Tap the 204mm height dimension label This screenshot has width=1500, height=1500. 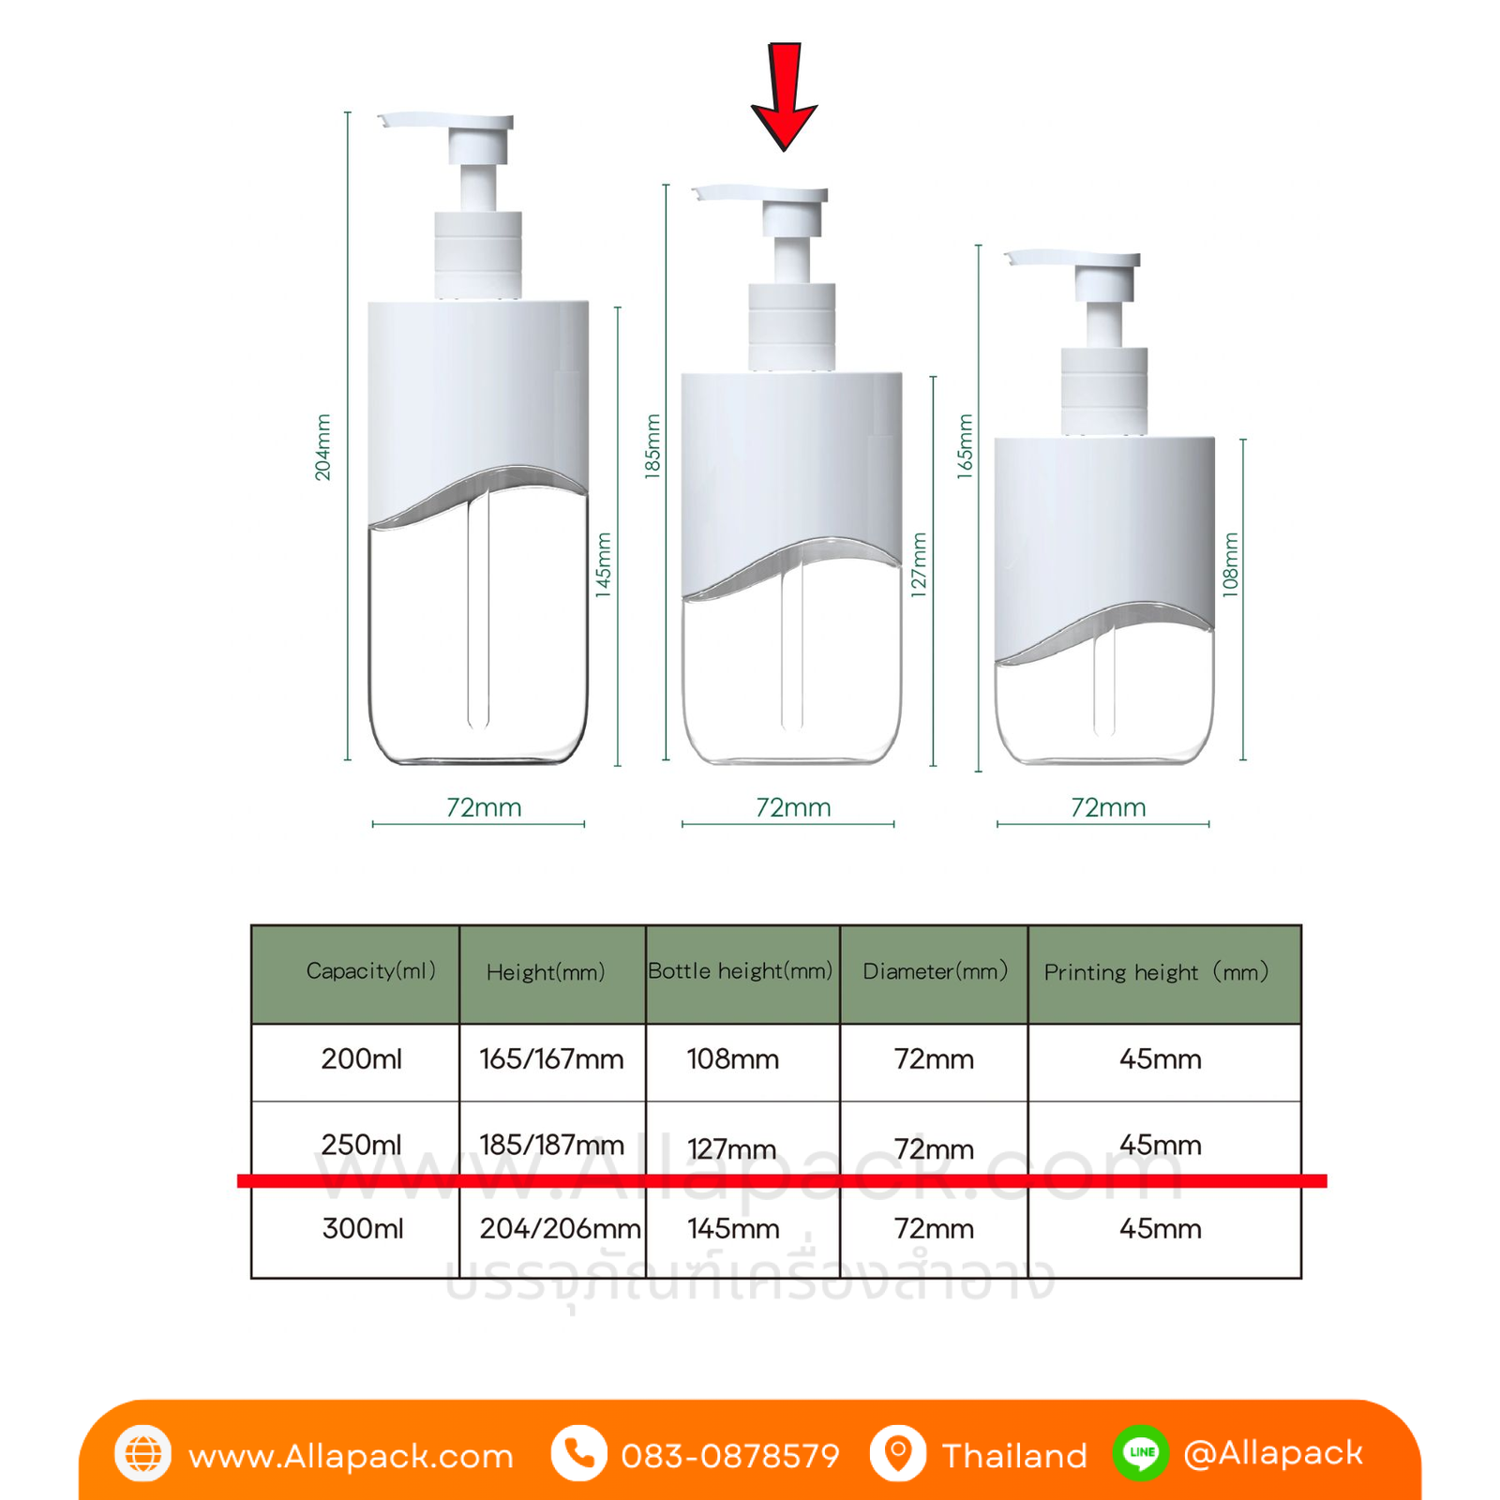(x=322, y=447)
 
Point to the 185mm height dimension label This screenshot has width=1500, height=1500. (x=652, y=446)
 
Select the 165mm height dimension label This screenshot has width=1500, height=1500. (x=965, y=446)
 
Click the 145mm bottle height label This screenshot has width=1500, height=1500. (x=603, y=564)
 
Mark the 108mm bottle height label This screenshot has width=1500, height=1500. (x=1230, y=564)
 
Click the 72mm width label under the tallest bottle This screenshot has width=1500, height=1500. (x=484, y=807)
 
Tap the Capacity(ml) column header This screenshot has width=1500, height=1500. (x=371, y=971)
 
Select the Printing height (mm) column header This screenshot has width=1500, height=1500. (x=1156, y=972)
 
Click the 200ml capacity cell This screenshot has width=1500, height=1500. (x=362, y=1059)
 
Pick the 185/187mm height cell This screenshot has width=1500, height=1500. (x=551, y=1145)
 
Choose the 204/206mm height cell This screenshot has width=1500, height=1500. (x=560, y=1228)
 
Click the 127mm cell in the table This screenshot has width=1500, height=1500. (x=732, y=1148)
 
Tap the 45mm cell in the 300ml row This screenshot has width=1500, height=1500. (x=1161, y=1228)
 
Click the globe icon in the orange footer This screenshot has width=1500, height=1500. (x=142, y=1454)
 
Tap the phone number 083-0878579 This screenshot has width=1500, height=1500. (x=730, y=1456)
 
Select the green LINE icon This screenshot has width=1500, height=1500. (x=1141, y=1453)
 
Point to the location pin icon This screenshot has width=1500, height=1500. (x=898, y=1454)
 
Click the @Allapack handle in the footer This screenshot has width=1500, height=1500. (x=1272, y=1453)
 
